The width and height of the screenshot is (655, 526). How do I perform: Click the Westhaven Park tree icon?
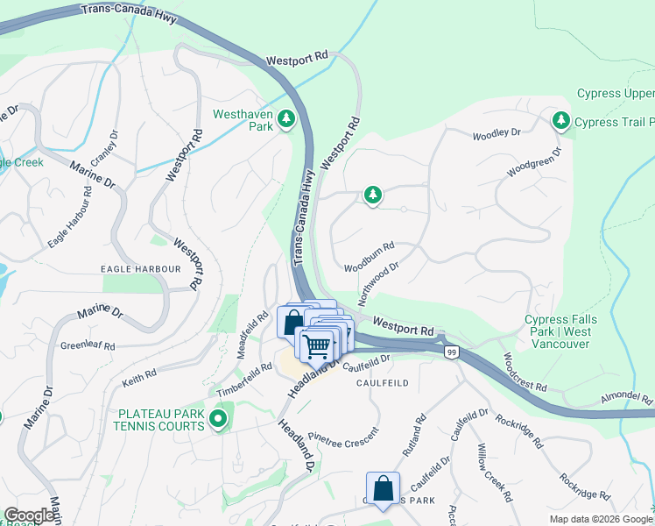pyautogui.click(x=285, y=119)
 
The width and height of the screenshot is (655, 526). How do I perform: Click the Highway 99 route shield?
pyautogui.click(x=451, y=352)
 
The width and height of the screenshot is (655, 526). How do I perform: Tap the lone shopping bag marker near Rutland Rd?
pyautogui.click(x=383, y=487)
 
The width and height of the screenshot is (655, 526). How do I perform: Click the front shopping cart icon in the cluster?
pyautogui.click(x=318, y=345)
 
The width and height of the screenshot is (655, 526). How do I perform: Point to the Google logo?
pyautogui.click(x=29, y=515)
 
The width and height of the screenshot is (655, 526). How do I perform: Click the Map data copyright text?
pyautogui.click(x=600, y=519)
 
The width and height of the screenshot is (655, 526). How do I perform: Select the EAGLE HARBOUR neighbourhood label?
pyautogui.click(x=140, y=268)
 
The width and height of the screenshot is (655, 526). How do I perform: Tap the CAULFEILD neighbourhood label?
pyautogui.click(x=383, y=383)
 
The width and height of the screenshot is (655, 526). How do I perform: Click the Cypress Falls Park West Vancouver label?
pyautogui.click(x=557, y=332)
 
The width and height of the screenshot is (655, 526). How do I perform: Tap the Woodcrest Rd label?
pyautogui.click(x=525, y=373)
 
